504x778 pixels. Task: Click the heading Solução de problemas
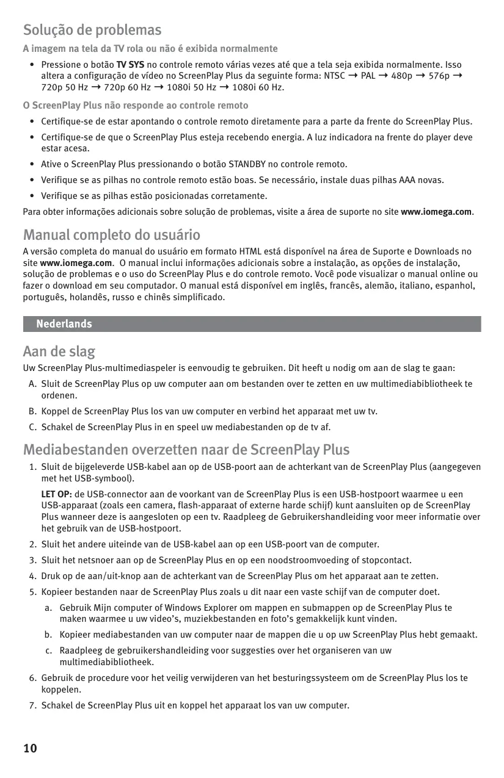tap(92, 30)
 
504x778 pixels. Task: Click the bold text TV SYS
tap(130, 65)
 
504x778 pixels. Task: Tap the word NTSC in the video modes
tap(334, 76)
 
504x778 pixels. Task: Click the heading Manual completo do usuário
tap(111, 235)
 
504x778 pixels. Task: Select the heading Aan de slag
tap(59, 352)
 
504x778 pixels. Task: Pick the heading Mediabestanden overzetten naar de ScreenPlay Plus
tap(186, 450)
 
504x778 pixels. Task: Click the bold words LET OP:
tap(56, 494)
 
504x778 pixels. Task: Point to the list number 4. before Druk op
tap(32, 576)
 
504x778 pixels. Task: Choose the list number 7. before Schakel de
tap(32, 706)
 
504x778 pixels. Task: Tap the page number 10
tap(30, 749)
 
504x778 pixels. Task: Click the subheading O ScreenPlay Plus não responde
tap(135, 106)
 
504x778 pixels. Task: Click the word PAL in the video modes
tap(368, 76)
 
